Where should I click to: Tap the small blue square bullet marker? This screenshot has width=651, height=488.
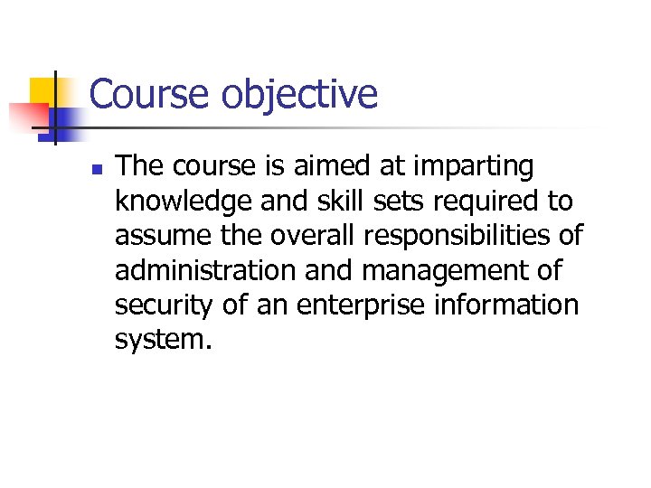[x=98, y=169]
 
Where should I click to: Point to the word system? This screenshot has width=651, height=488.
[x=163, y=341]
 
